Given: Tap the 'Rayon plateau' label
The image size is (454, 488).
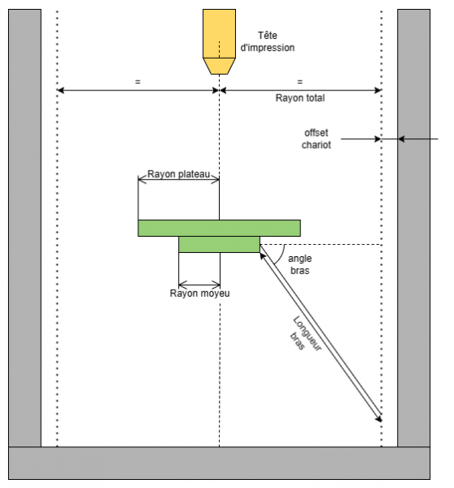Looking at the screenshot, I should (178, 175).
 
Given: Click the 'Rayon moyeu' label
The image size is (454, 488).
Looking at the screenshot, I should (199, 294).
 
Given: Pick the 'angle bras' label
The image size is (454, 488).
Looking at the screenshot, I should (300, 264).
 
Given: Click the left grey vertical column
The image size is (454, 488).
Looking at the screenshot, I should (24, 228).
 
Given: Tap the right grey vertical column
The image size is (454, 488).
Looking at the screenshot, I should (413, 228).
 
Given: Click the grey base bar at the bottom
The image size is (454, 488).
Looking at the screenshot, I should (219, 463).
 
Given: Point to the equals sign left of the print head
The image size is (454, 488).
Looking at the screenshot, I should (138, 82).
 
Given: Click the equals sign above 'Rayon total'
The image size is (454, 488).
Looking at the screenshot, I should (299, 82).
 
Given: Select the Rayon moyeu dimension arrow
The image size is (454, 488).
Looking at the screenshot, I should (199, 284).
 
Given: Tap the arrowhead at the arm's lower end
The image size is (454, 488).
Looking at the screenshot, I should (379, 419).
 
